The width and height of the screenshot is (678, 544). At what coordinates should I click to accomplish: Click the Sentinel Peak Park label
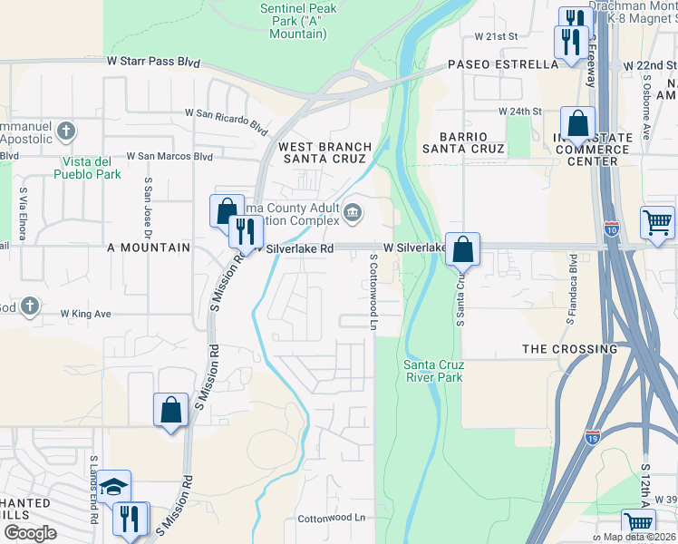297,21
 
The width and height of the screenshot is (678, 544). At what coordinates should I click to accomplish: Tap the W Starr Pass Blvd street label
152,62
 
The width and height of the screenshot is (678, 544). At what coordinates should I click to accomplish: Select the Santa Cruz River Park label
432,371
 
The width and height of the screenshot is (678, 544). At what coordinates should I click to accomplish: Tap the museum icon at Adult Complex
353,214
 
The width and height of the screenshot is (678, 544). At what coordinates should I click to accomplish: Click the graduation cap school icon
115,487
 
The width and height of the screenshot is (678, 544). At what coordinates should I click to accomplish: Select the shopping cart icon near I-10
657,220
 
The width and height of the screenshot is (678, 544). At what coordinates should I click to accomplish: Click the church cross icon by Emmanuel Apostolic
64,132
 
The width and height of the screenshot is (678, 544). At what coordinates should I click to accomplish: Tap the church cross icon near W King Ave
29,306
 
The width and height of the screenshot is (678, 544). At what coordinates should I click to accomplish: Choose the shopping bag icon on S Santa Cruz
462,248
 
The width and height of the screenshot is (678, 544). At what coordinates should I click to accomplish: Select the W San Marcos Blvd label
169,156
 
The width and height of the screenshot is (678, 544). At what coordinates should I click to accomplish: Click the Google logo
30,533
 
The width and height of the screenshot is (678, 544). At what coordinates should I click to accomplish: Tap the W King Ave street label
85,314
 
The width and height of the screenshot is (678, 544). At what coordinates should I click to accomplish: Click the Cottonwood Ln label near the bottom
331,518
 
